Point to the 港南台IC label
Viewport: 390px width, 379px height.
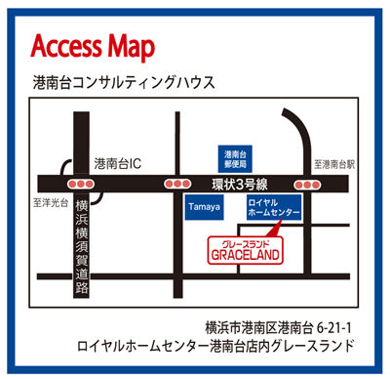point(117,164)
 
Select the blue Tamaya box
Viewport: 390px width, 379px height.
point(202,208)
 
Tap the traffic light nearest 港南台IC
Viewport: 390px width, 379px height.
point(80,183)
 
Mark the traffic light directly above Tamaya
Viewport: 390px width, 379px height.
point(177,183)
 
